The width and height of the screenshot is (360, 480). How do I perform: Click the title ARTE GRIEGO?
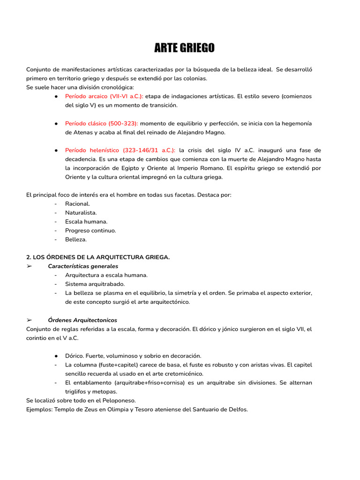coord(184,48)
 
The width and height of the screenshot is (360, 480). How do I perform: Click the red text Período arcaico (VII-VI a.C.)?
coord(104,96)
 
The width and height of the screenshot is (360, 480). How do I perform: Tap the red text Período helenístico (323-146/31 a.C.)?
coord(120,150)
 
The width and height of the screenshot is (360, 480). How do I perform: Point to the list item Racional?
coord(78,203)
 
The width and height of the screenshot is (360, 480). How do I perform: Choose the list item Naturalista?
coord(81,212)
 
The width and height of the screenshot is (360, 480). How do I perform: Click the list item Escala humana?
coord(86,221)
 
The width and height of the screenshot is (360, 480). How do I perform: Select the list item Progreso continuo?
coord(90,230)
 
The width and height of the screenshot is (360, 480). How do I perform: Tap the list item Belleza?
coord(76,239)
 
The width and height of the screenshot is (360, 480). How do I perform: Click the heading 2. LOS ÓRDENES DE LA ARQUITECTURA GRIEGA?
coord(98,257)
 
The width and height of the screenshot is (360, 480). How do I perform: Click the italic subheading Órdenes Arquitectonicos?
coord(82,320)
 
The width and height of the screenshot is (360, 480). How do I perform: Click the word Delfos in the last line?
coord(237,409)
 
